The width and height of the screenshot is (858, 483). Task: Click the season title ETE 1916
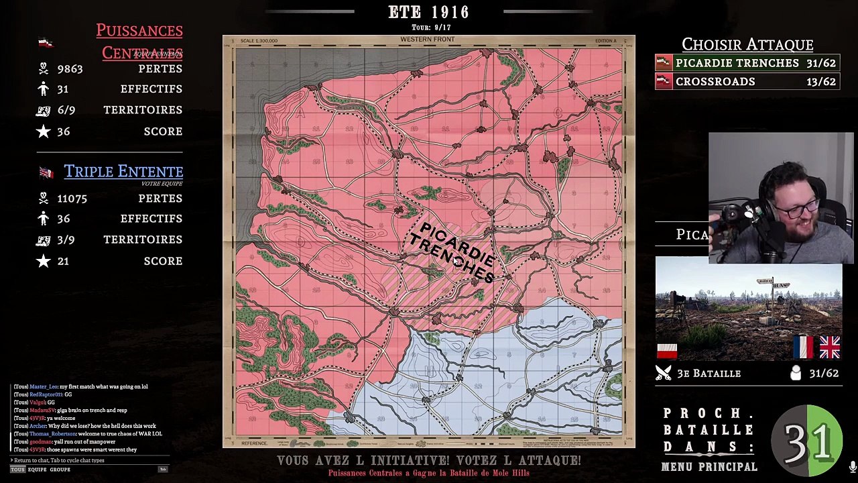[428, 12]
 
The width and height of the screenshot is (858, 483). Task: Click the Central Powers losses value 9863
[70, 69]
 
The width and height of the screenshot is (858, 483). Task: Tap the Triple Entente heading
[123, 172]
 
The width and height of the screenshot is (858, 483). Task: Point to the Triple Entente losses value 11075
[72, 199]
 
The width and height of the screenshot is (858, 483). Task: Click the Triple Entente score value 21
[63, 261]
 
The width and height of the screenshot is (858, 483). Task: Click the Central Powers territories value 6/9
[66, 110]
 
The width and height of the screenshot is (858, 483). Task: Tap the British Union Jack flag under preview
[829, 347]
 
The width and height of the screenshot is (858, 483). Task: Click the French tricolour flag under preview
[802, 347]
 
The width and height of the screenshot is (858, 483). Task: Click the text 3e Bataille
[709, 374]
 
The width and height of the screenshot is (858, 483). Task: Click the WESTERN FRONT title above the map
[428, 40]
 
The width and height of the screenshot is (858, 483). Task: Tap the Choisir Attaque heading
[747, 44]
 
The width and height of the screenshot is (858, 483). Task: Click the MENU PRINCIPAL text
[709, 467]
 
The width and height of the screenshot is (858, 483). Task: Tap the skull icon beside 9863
[44, 68]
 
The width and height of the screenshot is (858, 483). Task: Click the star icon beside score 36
[44, 131]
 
